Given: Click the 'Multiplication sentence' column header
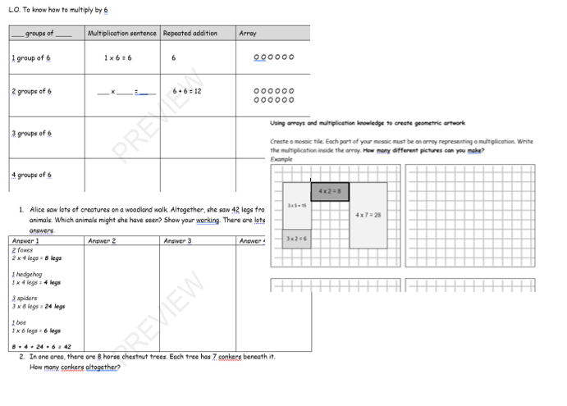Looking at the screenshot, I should click(121, 34).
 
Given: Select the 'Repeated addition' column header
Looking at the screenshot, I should click(190, 34).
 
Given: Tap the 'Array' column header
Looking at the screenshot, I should click(248, 34).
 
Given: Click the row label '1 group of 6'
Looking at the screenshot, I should click(31, 58).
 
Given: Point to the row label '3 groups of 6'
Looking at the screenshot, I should click(32, 133).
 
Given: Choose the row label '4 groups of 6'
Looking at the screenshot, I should click(32, 175).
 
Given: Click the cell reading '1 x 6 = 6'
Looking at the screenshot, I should click(118, 58).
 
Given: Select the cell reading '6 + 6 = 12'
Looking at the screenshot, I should click(187, 91).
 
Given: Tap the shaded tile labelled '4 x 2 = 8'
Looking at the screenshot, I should click(330, 192).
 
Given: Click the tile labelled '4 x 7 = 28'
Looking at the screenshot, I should click(368, 215).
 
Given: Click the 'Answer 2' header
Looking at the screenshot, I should click(102, 241).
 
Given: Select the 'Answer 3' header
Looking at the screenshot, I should click(177, 241).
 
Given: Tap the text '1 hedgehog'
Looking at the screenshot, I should click(28, 274).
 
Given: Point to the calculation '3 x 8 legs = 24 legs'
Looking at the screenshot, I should click(39, 306).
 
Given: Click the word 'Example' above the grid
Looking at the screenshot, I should click(281, 159).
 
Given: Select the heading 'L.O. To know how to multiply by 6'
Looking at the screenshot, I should click(58, 10).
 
